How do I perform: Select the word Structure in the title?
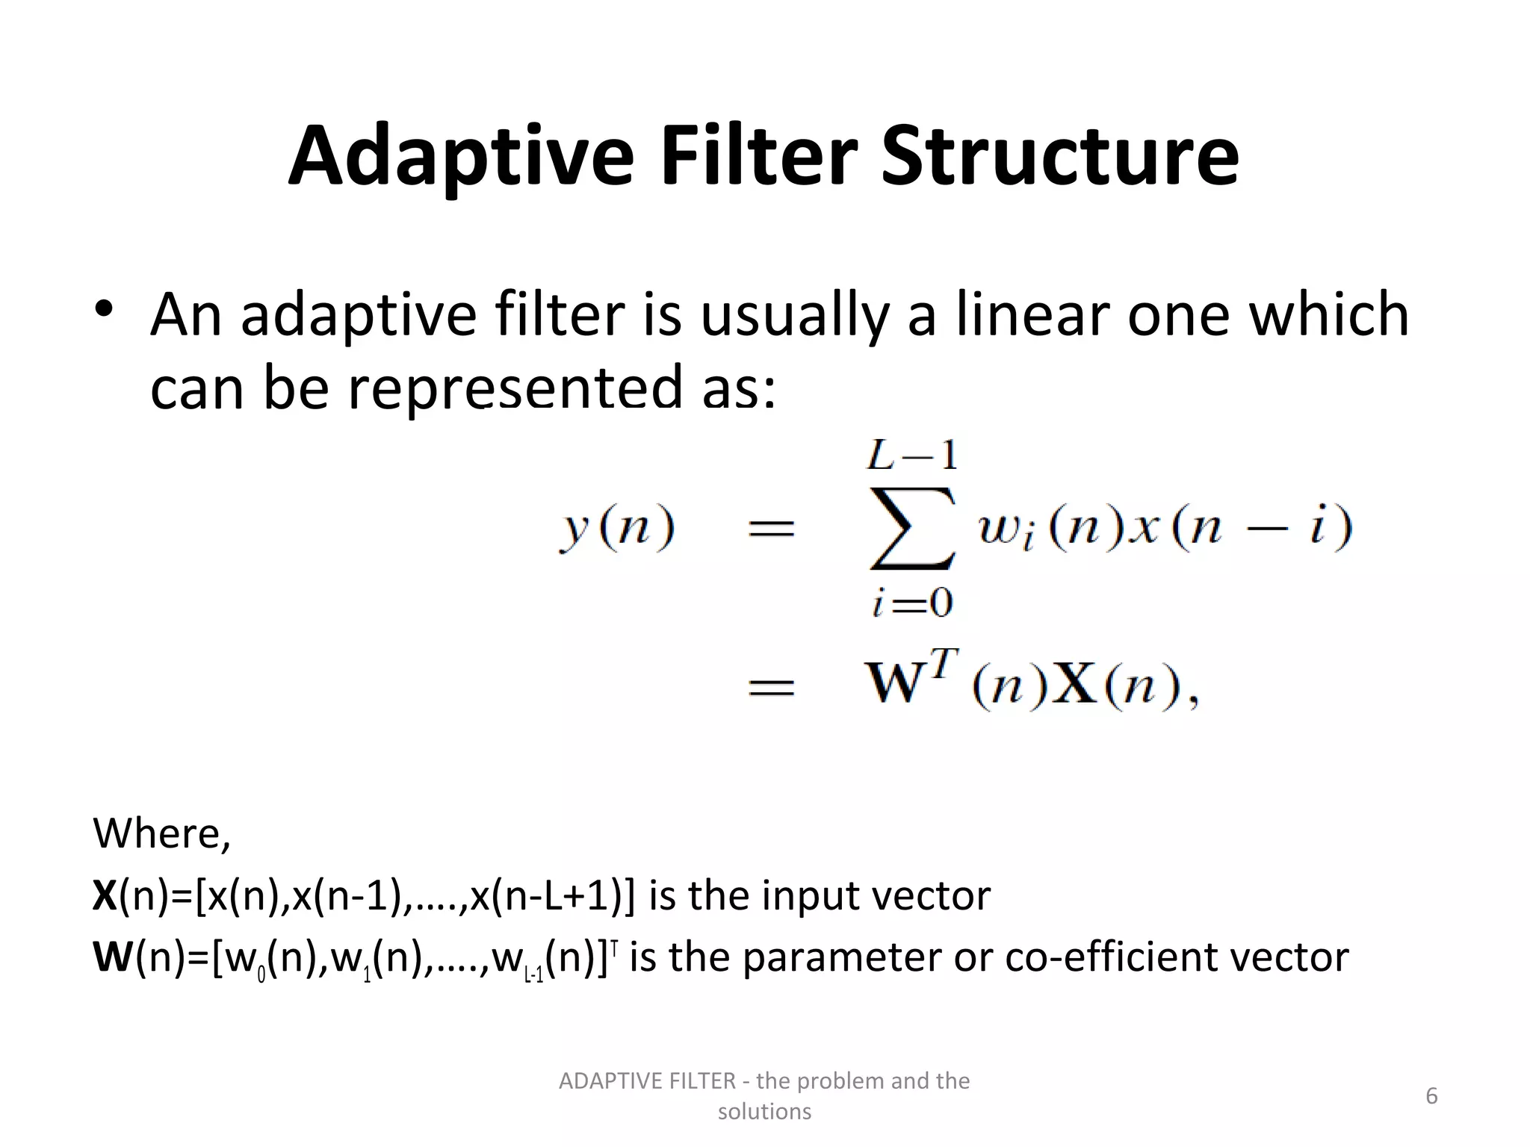[1060, 157]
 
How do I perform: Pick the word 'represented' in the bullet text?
[515, 388]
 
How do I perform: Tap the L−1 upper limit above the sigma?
[912, 456]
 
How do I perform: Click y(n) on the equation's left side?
[617, 529]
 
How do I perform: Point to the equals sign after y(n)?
[771, 529]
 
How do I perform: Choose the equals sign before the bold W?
[771, 686]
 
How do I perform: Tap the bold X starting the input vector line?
[105, 895]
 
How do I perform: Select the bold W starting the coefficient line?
[113, 957]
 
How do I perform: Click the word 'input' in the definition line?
[808, 895]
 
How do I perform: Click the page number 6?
[1431, 1096]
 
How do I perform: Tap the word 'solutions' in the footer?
[764, 1112]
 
